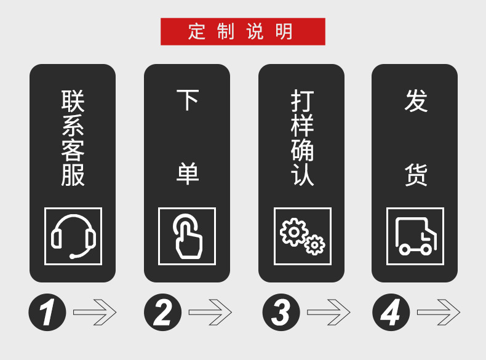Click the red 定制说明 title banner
click(x=242, y=31)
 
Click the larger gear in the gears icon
click(x=294, y=232)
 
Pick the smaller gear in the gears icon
click(x=314, y=245)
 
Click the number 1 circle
click(x=47, y=312)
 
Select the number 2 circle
click(x=163, y=312)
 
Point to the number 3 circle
click(x=281, y=312)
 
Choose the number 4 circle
click(x=391, y=312)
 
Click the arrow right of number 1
click(x=95, y=312)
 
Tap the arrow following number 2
click(x=210, y=312)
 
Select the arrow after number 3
click(x=329, y=312)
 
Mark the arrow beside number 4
click(x=439, y=312)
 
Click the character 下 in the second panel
click(x=188, y=100)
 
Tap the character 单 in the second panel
click(x=188, y=174)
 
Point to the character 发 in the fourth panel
click(x=416, y=100)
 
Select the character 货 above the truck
click(x=416, y=175)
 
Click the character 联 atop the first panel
click(x=73, y=101)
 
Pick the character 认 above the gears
click(x=302, y=175)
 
